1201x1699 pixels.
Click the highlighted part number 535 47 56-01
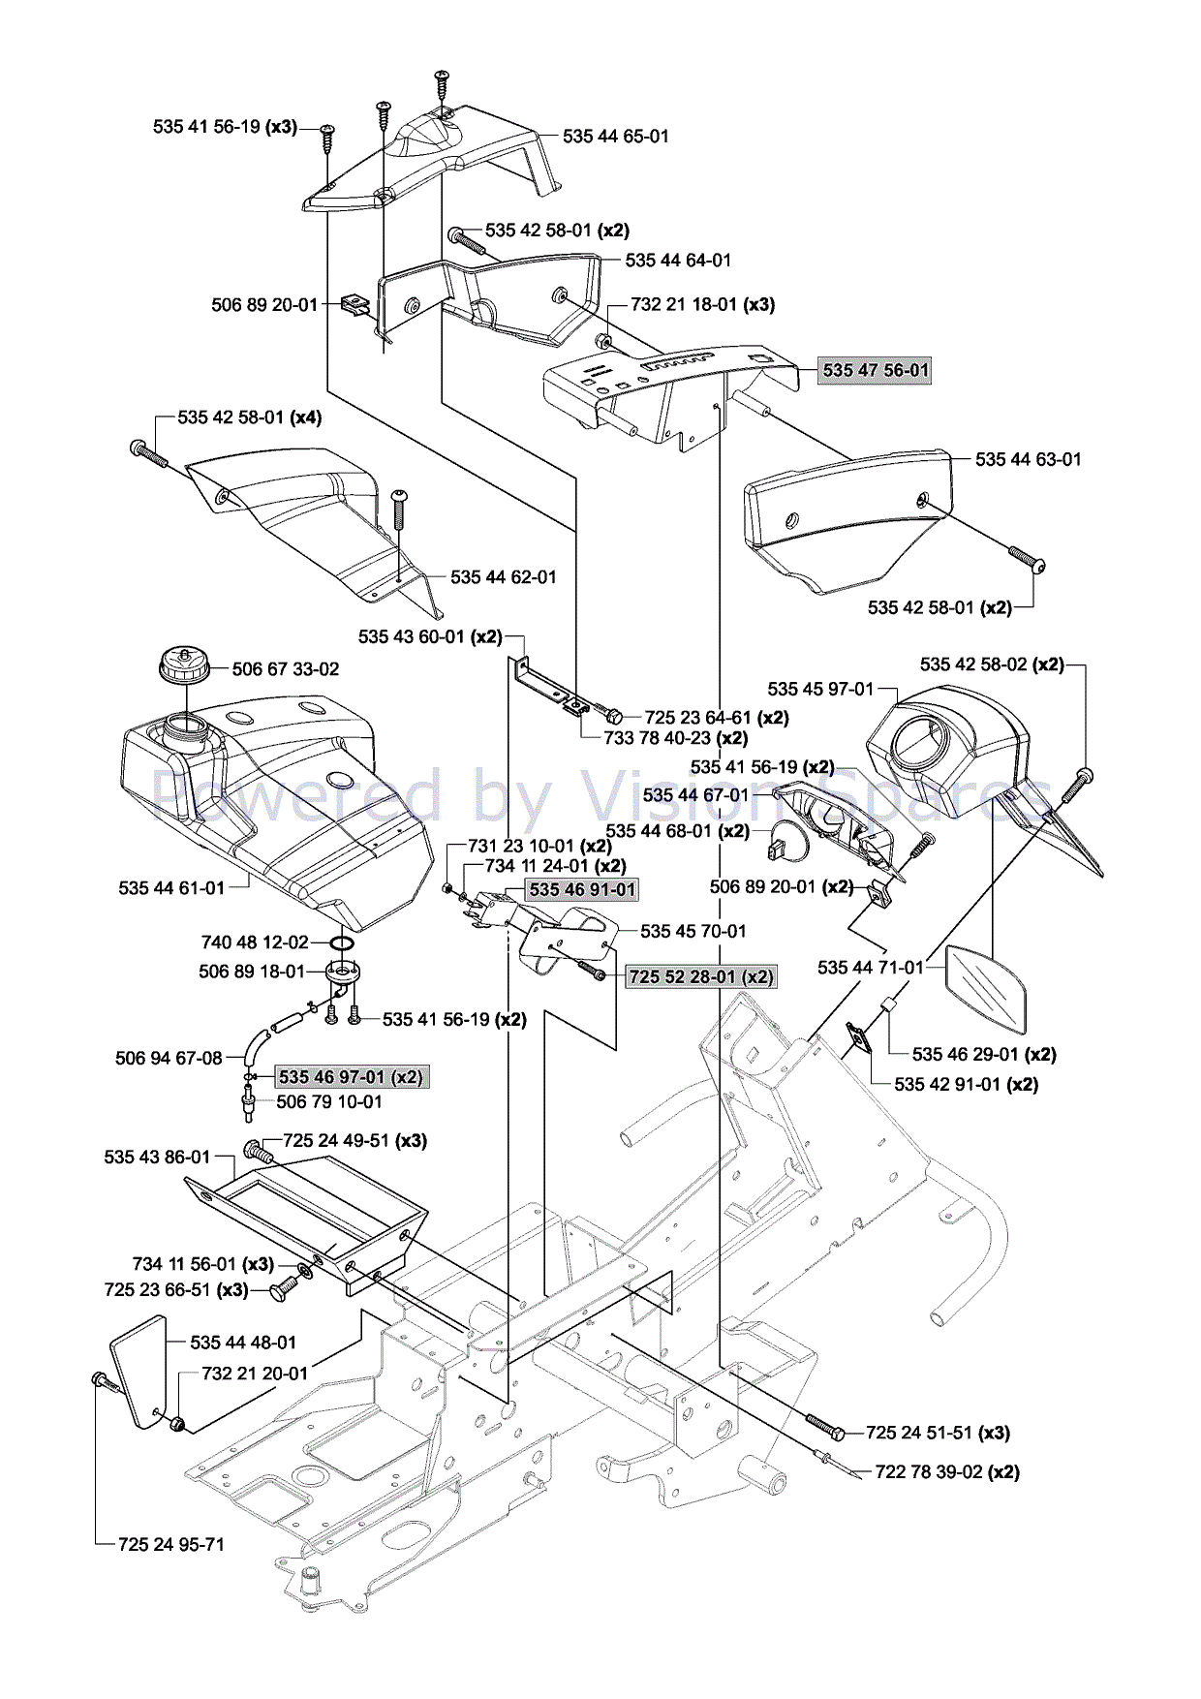[x=875, y=370]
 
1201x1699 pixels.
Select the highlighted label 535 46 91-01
[x=582, y=889]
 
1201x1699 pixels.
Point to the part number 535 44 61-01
[x=171, y=888]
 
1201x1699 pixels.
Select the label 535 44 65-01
[x=616, y=137]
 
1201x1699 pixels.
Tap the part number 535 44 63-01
[x=1028, y=459]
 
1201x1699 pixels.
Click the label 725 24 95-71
[x=171, y=1544]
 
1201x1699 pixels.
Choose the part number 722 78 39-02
[x=929, y=1471]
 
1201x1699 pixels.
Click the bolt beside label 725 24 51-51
[x=825, y=1426]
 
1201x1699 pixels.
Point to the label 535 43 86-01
[x=157, y=1157]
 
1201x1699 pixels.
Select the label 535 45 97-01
[x=820, y=689]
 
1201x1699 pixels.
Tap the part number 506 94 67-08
[x=169, y=1058]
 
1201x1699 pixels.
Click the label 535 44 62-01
[x=504, y=577]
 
